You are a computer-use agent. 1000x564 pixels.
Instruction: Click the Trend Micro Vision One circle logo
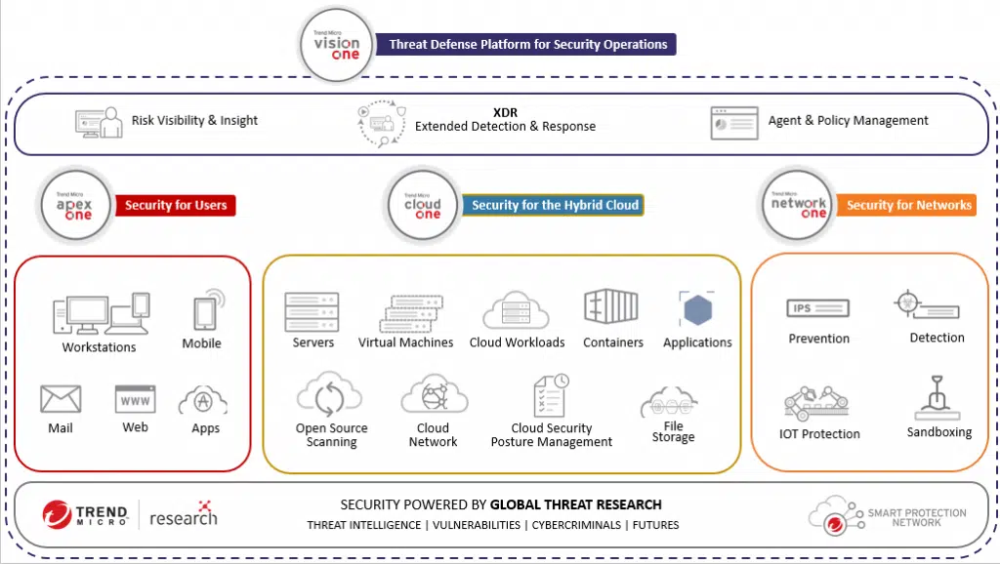click(337, 45)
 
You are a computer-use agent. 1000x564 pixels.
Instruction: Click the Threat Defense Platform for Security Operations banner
click(527, 44)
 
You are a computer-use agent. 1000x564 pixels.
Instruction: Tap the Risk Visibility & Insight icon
click(99, 122)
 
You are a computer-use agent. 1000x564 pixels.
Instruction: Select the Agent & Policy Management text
click(848, 121)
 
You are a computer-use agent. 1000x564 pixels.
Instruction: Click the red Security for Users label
click(176, 206)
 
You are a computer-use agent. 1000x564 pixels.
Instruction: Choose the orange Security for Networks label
click(908, 205)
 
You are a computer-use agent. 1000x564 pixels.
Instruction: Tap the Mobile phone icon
click(205, 311)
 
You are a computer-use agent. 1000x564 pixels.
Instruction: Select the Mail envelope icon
click(61, 399)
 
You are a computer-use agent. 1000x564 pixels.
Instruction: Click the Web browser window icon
click(135, 399)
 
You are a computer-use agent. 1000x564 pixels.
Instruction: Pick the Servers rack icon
click(312, 311)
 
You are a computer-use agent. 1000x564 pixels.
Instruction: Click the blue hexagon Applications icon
click(697, 310)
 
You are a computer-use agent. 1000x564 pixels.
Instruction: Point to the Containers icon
click(611, 307)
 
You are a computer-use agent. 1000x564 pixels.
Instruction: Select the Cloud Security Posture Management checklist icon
click(551, 397)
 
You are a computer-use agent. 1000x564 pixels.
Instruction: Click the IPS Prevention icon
click(817, 309)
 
